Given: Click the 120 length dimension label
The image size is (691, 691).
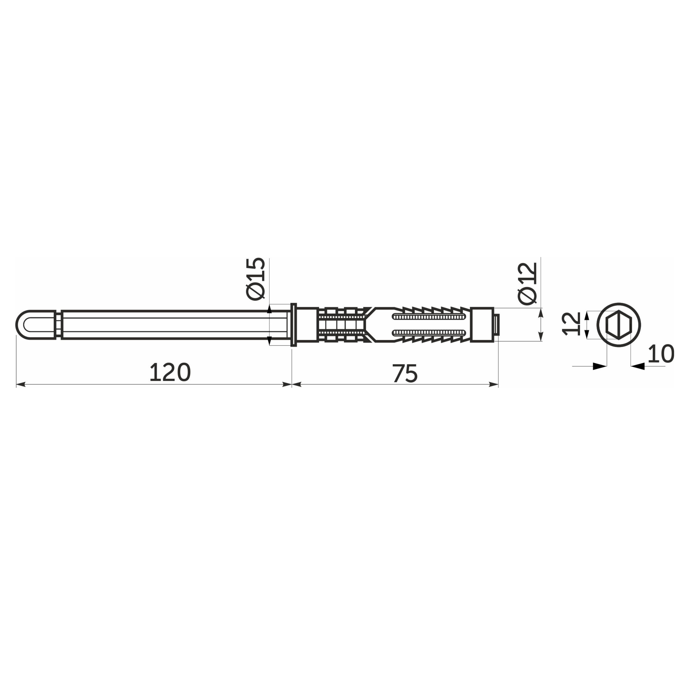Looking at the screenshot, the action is [x=170, y=372].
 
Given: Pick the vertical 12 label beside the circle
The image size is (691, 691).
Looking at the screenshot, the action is [x=571, y=323].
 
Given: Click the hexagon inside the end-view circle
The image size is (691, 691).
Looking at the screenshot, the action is [x=619, y=325].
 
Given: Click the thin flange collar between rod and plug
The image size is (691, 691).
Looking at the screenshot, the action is [x=294, y=325].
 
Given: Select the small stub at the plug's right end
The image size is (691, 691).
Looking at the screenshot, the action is [x=496, y=325].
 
